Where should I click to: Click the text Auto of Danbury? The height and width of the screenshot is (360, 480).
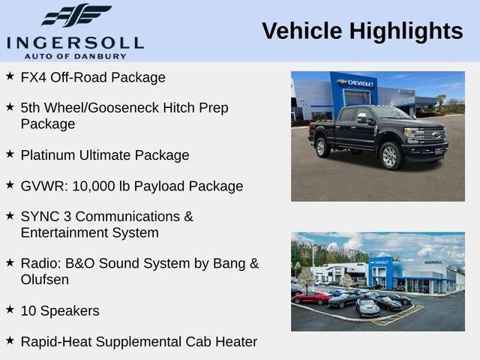pyautogui.click(x=75, y=55)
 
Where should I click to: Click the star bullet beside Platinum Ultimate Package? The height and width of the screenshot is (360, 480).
pyautogui.click(x=10, y=154)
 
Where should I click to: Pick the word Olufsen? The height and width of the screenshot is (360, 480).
pyautogui.click(x=45, y=279)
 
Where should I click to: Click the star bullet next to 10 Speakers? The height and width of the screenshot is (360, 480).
pyautogui.click(x=10, y=309)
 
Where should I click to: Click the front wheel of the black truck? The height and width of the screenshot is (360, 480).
pyautogui.click(x=389, y=155)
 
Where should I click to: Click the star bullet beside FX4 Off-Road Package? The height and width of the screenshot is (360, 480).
pyautogui.click(x=10, y=76)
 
